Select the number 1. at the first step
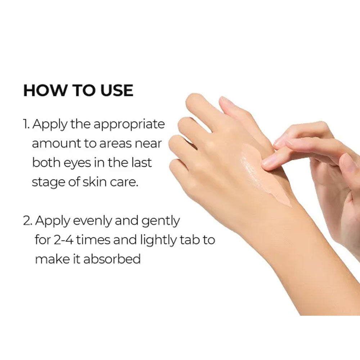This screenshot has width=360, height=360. pyautogui.click(x=26, y=124)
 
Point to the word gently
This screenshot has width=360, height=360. pyautogui.click(x=161, y=221)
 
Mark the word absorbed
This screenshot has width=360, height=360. pyautogui.click(x=112, y=259)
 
